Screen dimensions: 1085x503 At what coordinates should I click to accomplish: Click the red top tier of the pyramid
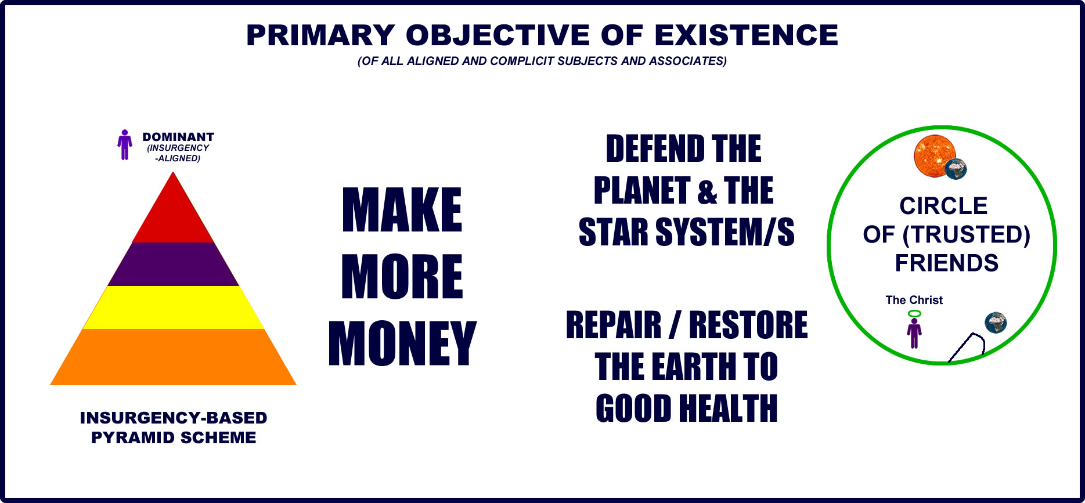[x=173, y=215]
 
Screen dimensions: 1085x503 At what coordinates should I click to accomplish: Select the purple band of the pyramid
[x=173, y=264]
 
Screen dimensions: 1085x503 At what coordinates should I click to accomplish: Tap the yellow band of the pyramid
[x=173, y=307]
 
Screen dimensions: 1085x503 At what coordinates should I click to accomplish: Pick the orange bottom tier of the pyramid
[x=173, y=357]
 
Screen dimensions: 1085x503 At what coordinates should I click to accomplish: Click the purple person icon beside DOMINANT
[x=124, y=144]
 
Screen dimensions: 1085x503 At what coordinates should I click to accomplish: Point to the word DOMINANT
[x=178, y=137]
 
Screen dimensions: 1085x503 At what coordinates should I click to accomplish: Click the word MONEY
[x=402, y=343]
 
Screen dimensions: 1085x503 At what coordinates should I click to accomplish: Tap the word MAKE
[x=402, y=210]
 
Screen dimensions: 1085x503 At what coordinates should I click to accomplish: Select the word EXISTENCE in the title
[x=747, y=35]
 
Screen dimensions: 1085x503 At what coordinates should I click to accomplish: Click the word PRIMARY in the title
[x=320, y=35]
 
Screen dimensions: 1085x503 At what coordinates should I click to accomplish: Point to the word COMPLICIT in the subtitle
[x=521, y=61]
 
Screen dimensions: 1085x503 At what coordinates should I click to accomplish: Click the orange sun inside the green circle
[x=934, y=156]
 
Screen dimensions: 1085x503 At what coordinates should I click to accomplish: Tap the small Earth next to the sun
[x=956, y=169]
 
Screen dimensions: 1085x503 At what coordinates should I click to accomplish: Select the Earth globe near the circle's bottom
[x=996, y=323]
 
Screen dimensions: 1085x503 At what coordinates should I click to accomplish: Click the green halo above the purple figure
[x=914, y=314]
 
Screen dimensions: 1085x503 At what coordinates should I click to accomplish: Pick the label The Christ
[x=914, y=300]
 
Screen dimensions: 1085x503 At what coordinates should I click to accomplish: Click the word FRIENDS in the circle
[x=947, y=263]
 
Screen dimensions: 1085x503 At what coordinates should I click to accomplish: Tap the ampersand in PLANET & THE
[x=707, y=192]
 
